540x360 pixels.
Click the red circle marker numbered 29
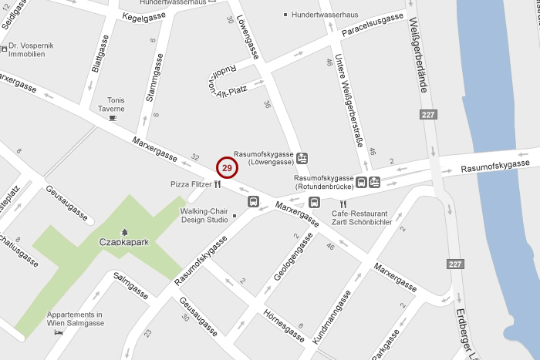227,167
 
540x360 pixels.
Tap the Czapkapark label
123,242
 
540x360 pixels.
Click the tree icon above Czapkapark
123,230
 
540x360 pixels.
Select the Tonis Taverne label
111,104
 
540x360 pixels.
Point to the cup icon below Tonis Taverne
113,118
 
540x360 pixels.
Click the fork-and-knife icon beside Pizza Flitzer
218,184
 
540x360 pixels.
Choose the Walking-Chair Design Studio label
204,214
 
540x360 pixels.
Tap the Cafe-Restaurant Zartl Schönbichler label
362,217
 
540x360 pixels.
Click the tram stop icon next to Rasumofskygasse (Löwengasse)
302,157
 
